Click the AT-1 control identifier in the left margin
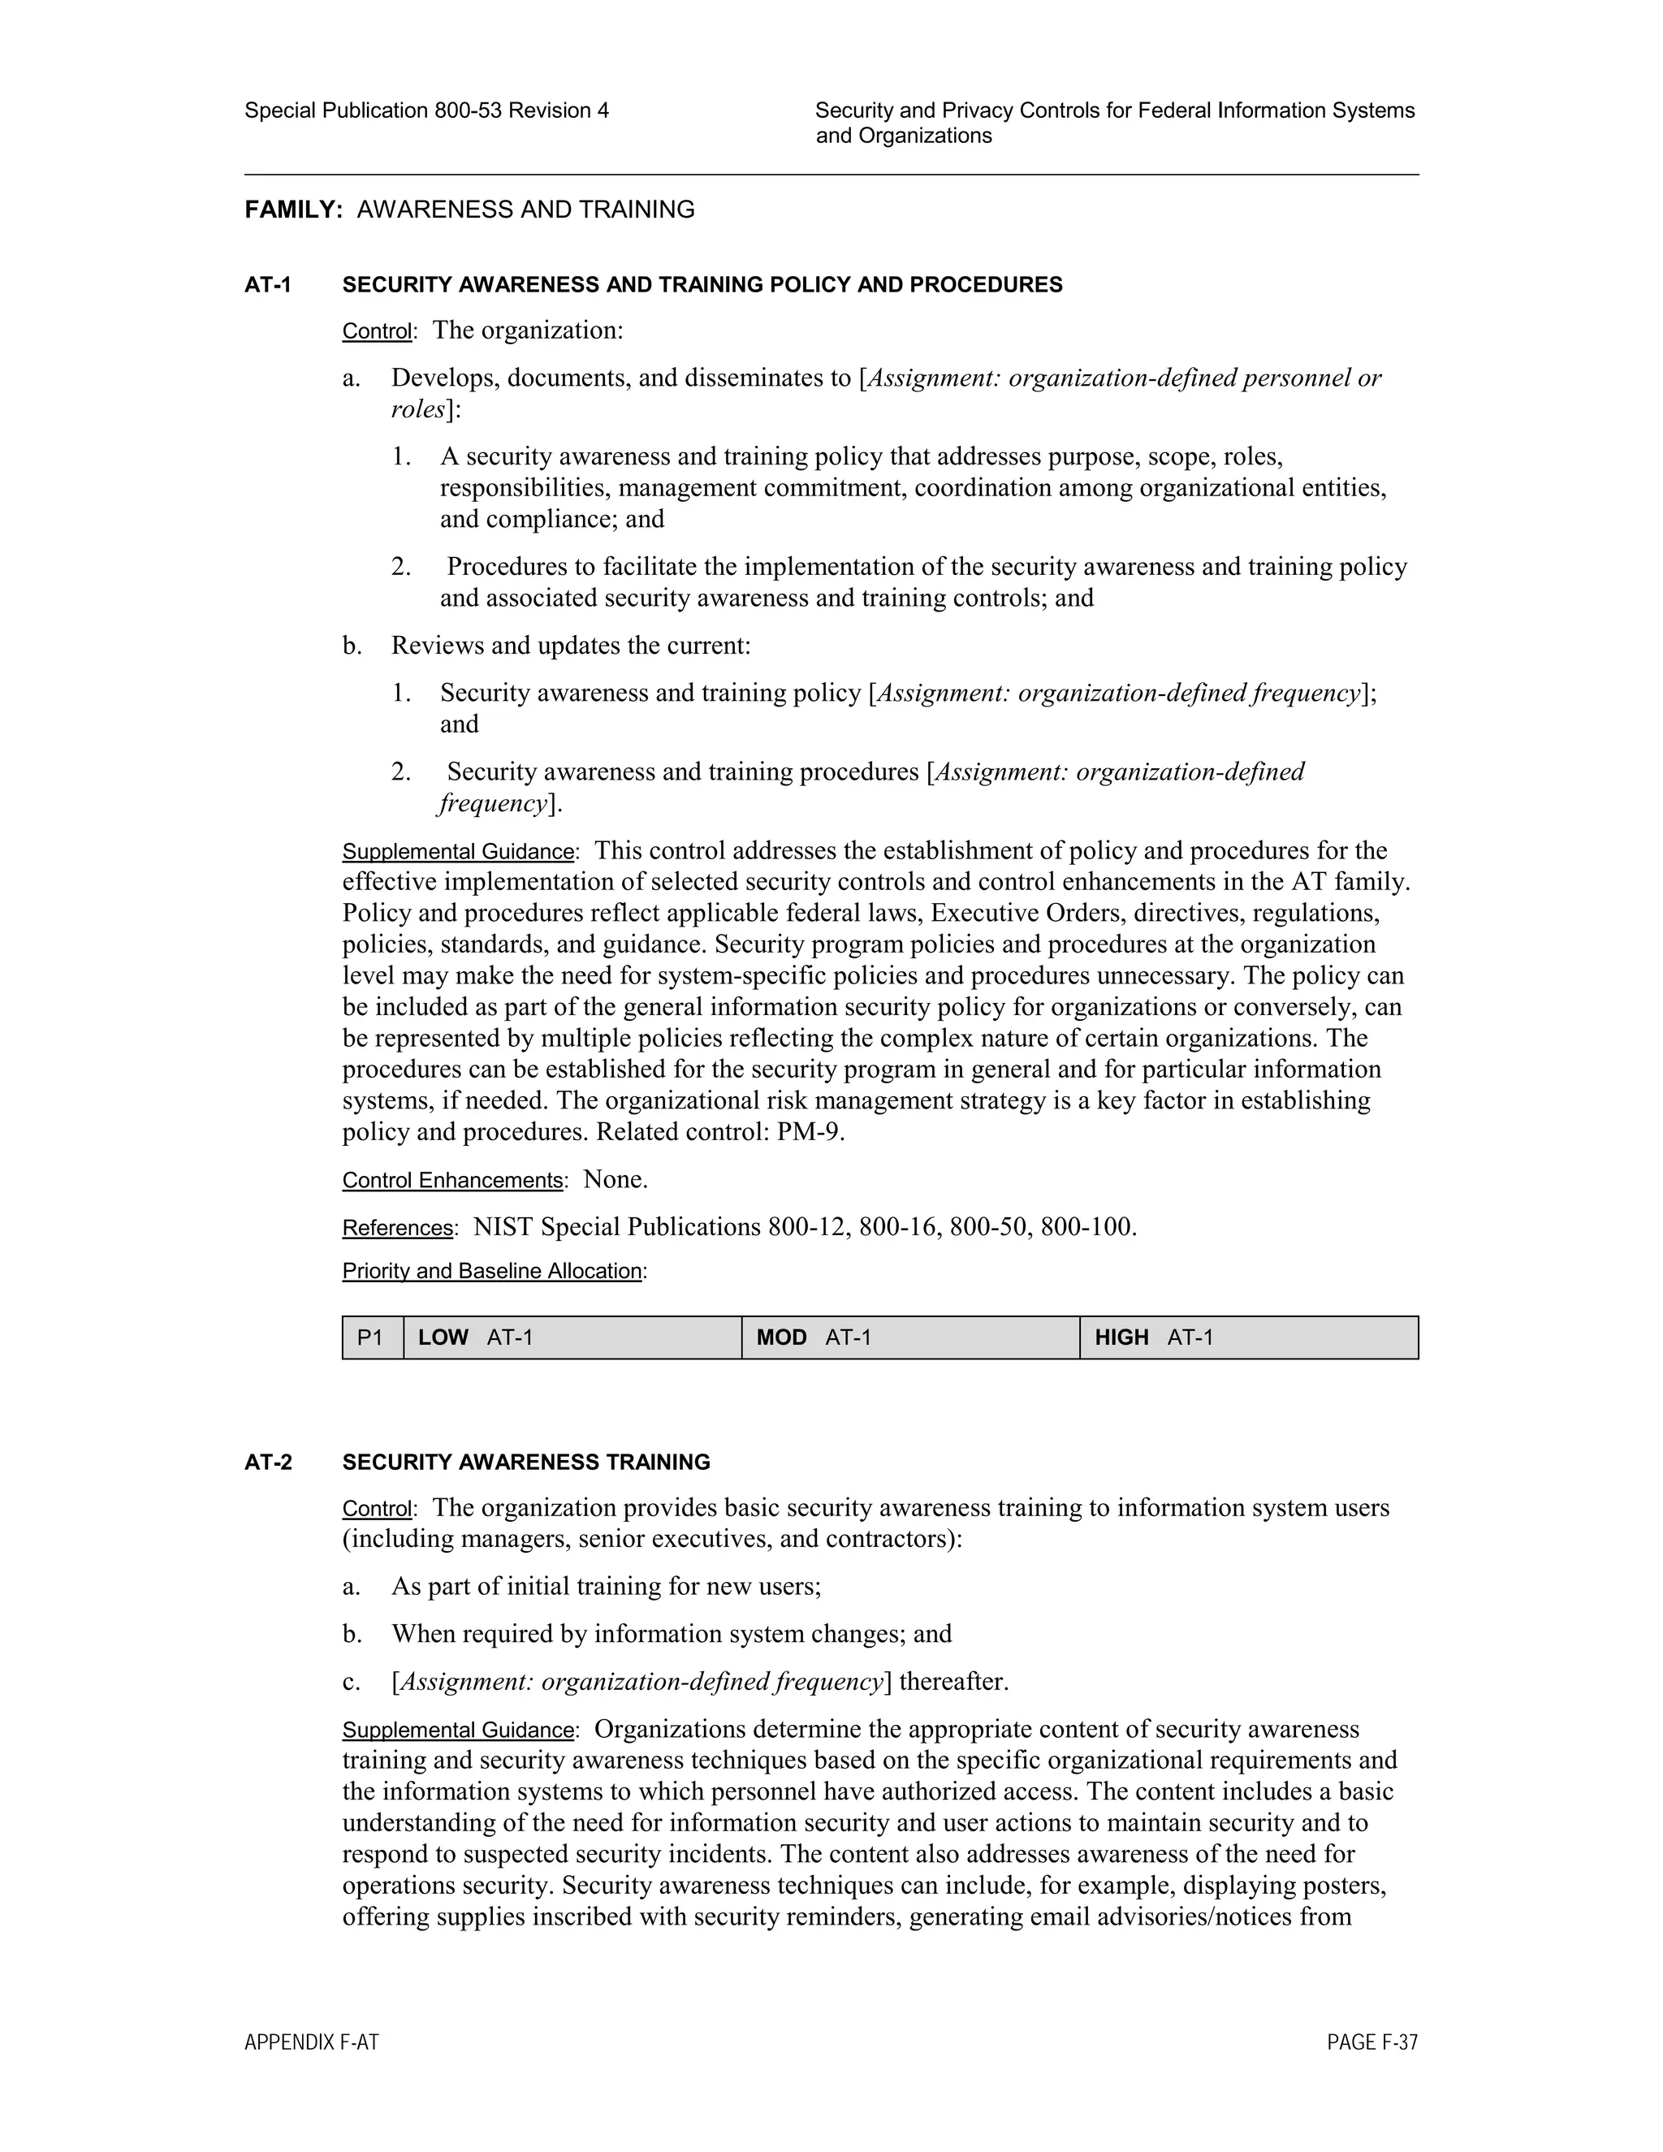coord(268,286)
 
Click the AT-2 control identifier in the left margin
coord(268,1463)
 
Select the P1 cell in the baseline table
coord(371,1338)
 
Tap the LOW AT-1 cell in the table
coord(572,1338)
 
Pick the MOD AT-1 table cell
coord(910,1338)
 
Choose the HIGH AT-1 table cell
coord(1248,1338)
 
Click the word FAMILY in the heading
coord(292,210)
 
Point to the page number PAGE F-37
coord(1371,2042)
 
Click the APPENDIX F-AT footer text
coord(311,2042)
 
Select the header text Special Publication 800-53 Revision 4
coord(426,110)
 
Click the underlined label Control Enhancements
coord(452,1181)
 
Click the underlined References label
coord(397,1228)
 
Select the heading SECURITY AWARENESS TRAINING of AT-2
coord(526,1463)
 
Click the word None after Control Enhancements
coord(614,1179)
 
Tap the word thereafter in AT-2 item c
coord(952,1682)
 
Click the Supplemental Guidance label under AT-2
coord(458,1731)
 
